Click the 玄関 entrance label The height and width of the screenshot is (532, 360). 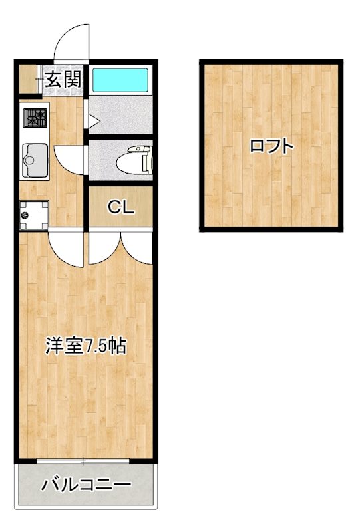(63, 80)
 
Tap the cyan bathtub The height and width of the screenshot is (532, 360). (120, 80)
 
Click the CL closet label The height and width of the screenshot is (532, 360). (122, 207)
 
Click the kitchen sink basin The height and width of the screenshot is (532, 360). (33, 160)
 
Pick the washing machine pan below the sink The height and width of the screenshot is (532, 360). (33, 214)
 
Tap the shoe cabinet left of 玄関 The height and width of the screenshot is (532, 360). (28, 80)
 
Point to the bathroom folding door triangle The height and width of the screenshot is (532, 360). (93, 122)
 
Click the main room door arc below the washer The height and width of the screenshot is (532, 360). (67, 248)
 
